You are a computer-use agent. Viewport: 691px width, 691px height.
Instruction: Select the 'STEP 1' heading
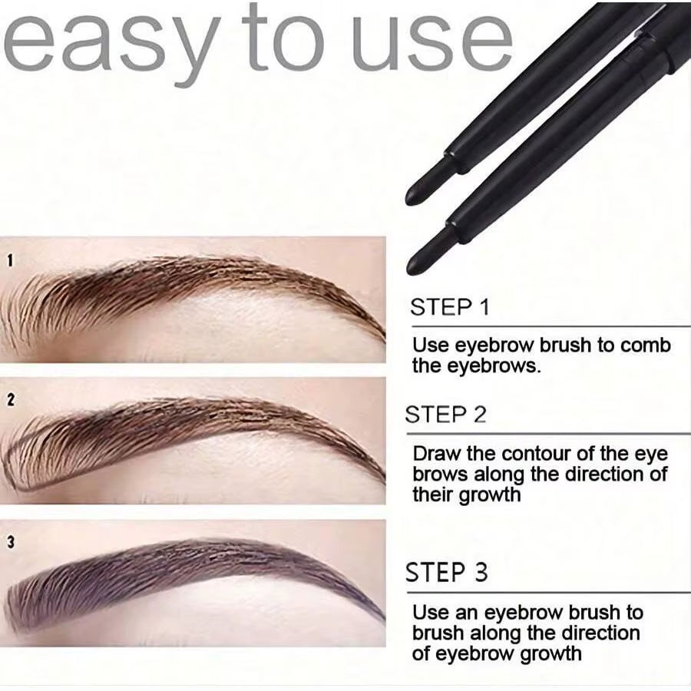pyautogui.click(x=449, y=308)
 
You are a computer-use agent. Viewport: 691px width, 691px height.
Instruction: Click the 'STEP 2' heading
pyautogui.click(x=446, y=415)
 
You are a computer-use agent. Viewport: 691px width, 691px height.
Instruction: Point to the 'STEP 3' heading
pyautogui.click(x=447, y=574)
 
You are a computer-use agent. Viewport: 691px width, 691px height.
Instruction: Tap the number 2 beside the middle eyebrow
pyautogui.click(x=10, y=400)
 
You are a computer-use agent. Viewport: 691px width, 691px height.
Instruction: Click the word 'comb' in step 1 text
pyautogui.click(x=645, y=345)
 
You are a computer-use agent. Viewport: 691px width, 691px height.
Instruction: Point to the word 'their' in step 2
pyautogui.click(x=433, y=494)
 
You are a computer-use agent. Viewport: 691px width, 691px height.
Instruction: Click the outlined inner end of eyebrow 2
pyautogui.click(x=11, y=472)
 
